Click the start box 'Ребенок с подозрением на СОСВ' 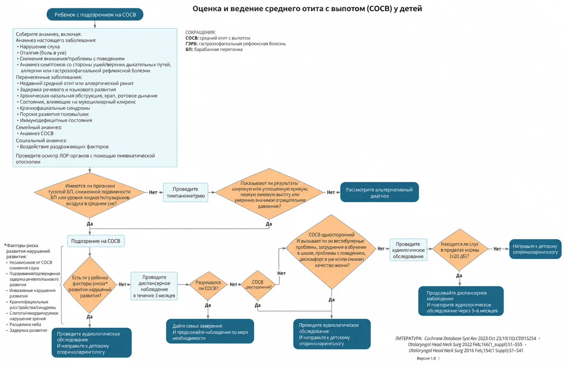tap(95, 14)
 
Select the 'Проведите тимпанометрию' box tap(186, 192)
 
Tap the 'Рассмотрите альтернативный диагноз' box tap(379, 192)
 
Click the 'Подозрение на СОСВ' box tap(96, 241)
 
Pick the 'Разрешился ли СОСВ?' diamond tap(208, 285)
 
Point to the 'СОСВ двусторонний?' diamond tap(258, 285)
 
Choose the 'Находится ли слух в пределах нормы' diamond tap(460, 250)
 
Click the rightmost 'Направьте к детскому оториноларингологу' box tap(535, 249)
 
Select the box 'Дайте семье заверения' tap(210, 331)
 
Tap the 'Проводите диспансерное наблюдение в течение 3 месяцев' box tap(154, 286)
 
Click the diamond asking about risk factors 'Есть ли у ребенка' tap(90, 285)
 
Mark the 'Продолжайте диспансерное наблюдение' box tap(461, 301)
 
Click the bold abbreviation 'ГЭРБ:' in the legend tap(192, 44)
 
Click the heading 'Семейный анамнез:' tap(39, 127)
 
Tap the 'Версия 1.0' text tap(426, 358)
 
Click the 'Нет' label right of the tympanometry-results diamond tap(331, 192)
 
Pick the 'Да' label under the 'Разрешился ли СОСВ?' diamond tap(208, 305)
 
